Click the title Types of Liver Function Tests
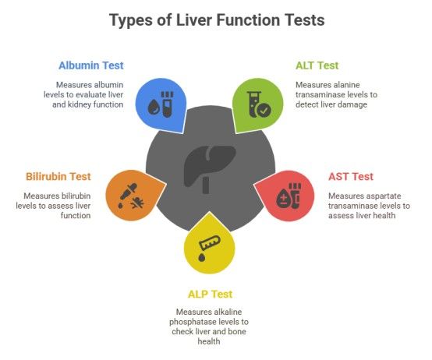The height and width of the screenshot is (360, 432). pyautogui.click(x=217, y=20)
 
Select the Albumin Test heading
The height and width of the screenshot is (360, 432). pyautogui.click(x=91, y=65)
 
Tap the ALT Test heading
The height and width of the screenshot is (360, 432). pyautogui.click(x=317, y=65)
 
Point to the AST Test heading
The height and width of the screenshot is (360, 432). pyautogui.click(x=351, y=176)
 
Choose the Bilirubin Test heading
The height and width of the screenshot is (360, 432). pyautogui.click(x=58, y=176)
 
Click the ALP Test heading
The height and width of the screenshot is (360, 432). pyautogui.click(x=211, y=295)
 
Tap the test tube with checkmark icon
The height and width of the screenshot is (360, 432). pyautogui.click(x=259, y=104)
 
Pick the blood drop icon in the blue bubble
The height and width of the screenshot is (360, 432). pyautogui.click(x=154, y=107)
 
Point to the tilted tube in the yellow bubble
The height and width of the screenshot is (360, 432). pyautogui.click(x=210, y=243)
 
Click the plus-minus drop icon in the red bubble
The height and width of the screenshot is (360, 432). pyautogui.click(x=283, y=198)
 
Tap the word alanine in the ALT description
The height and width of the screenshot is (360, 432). pyautogui.click(x=347, y=85)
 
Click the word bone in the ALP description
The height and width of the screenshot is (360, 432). pyautogui.click(x=236, y=331)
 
